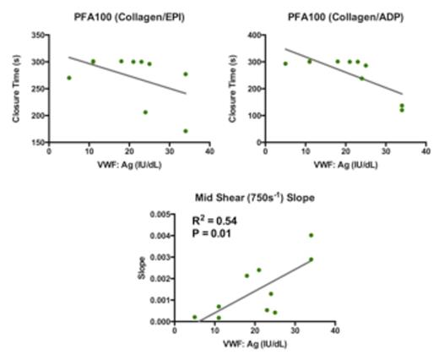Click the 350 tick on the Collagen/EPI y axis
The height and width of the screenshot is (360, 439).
(37, 35)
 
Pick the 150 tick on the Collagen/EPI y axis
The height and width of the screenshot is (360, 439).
(37, 142)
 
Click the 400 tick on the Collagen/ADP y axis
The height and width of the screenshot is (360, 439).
(253, 35)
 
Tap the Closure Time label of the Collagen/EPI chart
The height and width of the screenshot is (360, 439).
(16, 89)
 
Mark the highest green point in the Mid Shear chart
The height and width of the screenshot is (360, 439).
(312, 235)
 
